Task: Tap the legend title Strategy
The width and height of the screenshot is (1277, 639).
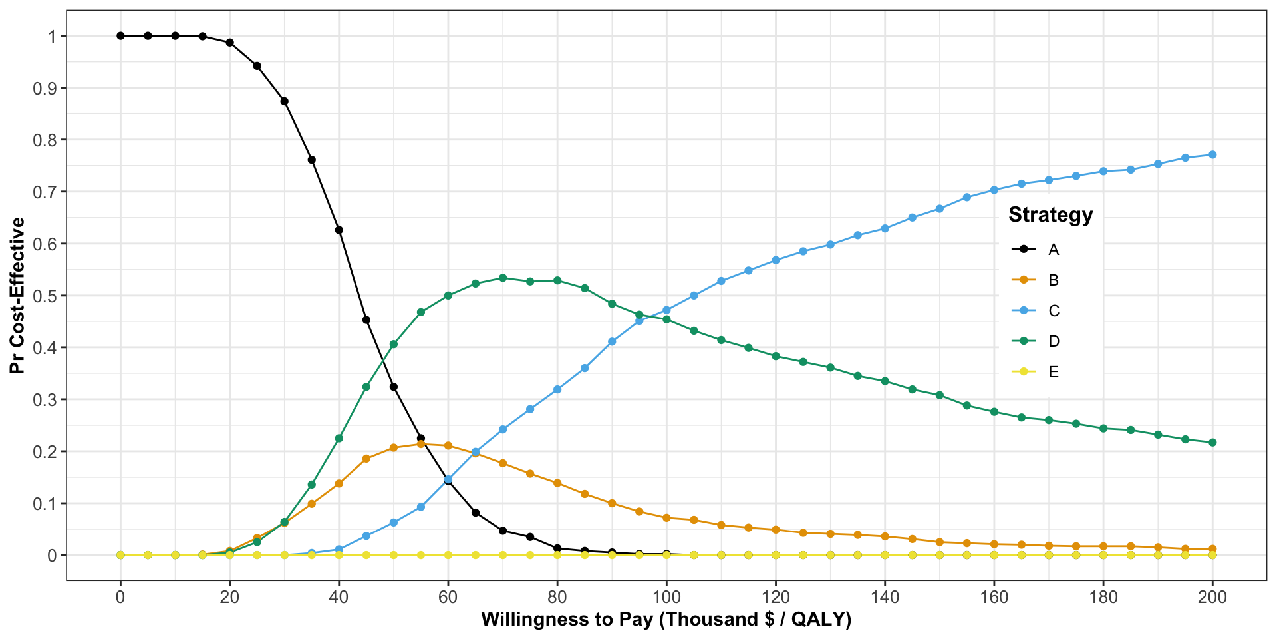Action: (1050, 215)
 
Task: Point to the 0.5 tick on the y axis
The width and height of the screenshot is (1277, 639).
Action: (45, 296)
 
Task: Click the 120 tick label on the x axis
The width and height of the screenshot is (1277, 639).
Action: (776, 597)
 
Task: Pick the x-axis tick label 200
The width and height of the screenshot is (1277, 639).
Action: (1212, 597)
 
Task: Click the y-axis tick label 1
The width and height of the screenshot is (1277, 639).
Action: (53, 36)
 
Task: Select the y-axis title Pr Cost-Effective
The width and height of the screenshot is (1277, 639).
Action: (17, 296)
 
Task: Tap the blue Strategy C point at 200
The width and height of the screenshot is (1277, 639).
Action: (1212, 154)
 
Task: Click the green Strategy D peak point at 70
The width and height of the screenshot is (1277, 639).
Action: (503, 278)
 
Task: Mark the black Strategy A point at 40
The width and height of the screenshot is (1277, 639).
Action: (339, 230)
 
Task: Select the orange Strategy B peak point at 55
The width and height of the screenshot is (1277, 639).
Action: (420, 443)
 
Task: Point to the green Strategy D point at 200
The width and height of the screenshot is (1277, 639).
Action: (1212, 442)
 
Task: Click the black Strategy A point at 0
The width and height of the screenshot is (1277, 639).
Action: (120, 36)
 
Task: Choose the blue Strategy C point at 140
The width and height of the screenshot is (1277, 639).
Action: (885, 228)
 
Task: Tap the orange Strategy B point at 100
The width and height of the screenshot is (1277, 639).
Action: (666, 517)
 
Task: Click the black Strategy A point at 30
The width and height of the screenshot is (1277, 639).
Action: (284, 101)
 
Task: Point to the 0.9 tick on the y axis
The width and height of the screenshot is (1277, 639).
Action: (45, 88)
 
